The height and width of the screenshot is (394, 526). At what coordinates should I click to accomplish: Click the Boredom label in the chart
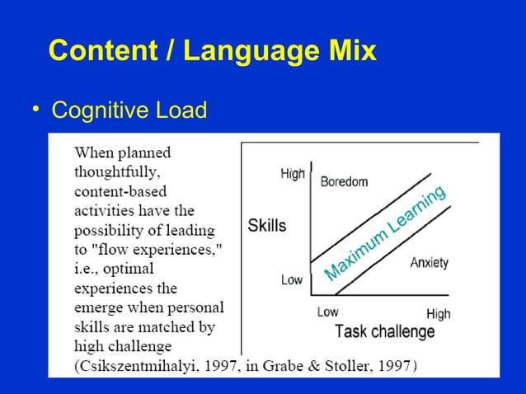pyautogui.click(x=344, y=181)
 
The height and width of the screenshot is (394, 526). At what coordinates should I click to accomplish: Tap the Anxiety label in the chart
pyautogui.click(x=430, y=263)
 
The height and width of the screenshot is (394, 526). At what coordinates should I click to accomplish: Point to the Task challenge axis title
pyautogui.click(x=384, y=332)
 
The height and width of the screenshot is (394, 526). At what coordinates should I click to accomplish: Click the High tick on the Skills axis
pyautogui.click(x=293, y=174)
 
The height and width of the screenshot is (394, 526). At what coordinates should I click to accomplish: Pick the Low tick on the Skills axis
pyautogui.click(x=292, y=279)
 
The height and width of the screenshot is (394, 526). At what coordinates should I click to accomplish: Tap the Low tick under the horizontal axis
pyautogui.click(x=328, y=312)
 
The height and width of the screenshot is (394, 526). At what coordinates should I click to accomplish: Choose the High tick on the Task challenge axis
pyautogui.click(x=438, y=314)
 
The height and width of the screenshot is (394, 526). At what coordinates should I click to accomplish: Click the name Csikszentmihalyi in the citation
pyautogui.click(x=137, y=365)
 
